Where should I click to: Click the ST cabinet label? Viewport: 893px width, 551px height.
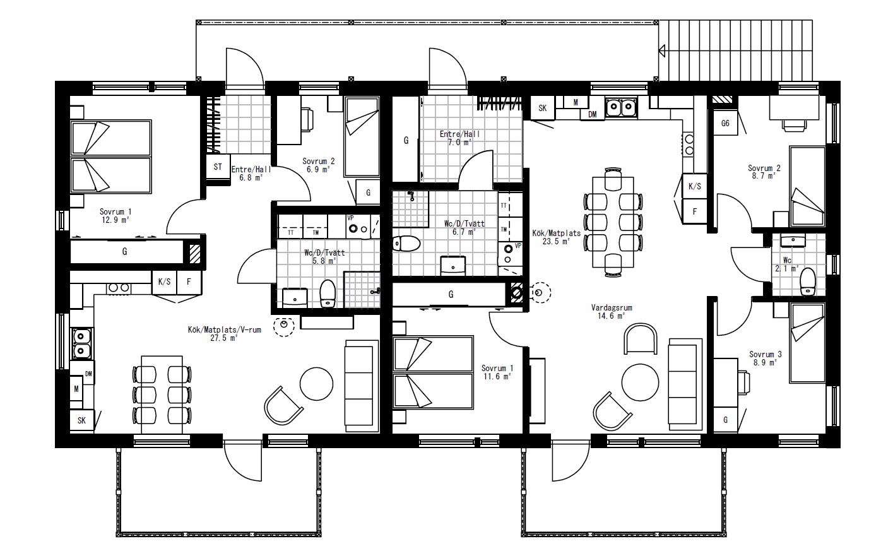pyautogui.click(x=218, y=167)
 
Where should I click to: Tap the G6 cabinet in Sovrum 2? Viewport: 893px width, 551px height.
pyautogui.click(x=725, y=123)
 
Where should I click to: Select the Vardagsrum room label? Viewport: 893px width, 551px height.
pyautogui.click(x=612, y=308)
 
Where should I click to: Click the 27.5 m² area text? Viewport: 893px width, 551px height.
pyautogui.click(x=224, y=338)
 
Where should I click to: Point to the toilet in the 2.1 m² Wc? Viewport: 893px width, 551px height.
pyautogui.click(x=808, y=282)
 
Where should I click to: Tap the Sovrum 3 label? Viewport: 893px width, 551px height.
pyautogui.click(x=766, y=354)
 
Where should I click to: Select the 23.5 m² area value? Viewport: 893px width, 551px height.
pyautogui.click(x=556, y=241)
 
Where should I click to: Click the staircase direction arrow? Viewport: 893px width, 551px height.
pyautogui.click(x=662, y=50)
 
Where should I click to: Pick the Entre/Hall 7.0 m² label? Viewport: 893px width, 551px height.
pyautogui.click(x=459, y=138)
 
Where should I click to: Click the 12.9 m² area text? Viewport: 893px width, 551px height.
pyautogui.click(x=115, y=220)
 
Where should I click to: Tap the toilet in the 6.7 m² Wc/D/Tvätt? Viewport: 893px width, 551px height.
pyautogui.click(x=406, y=244)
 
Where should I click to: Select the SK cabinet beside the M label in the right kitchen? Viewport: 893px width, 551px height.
pyautogui.click(x=543, y=108)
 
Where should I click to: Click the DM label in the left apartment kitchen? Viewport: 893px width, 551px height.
pyautogui.click(x=88, y=374)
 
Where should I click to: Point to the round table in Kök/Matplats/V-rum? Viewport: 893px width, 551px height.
pyautogui.click(x=316, y=384)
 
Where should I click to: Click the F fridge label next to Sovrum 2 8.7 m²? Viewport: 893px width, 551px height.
pyautogui.click(x=695, y=211)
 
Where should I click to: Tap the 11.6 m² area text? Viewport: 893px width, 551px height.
pyautogui.click(x=497, y=376)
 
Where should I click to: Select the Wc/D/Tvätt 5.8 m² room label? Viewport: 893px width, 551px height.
pyautogui.click(x=324, y=256)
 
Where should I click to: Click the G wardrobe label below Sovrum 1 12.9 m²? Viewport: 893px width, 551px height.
pyautogui.click(x=125, y=251)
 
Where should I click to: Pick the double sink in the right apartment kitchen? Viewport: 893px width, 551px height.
pyautogui.click(x=621, y=107)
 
